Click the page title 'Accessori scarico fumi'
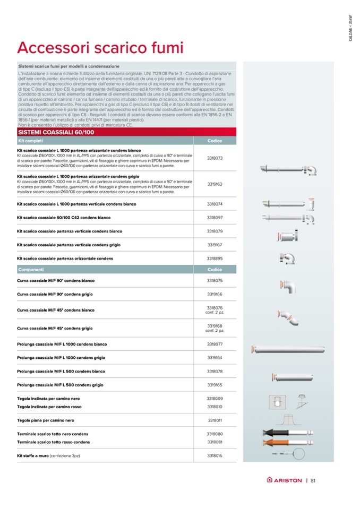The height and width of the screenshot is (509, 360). [100, 48]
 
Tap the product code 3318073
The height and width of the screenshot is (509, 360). [215, 158]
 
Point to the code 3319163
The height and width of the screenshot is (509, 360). [215, 184]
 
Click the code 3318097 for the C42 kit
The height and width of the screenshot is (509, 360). [215, 218]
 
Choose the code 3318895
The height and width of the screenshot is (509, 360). [215, 258]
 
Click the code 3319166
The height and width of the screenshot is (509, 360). [215, 294]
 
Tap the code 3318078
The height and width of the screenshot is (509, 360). [215, 371]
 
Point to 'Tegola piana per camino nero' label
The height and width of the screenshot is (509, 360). [46, 420]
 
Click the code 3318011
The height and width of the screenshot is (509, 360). [215, 420]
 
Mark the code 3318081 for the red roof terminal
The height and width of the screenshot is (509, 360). [215, 442]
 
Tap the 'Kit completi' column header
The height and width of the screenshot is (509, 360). [30, 141]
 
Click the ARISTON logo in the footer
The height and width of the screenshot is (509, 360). [284, 481]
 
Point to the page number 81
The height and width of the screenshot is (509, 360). [313, 481]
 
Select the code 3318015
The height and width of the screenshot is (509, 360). [215, 455]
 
